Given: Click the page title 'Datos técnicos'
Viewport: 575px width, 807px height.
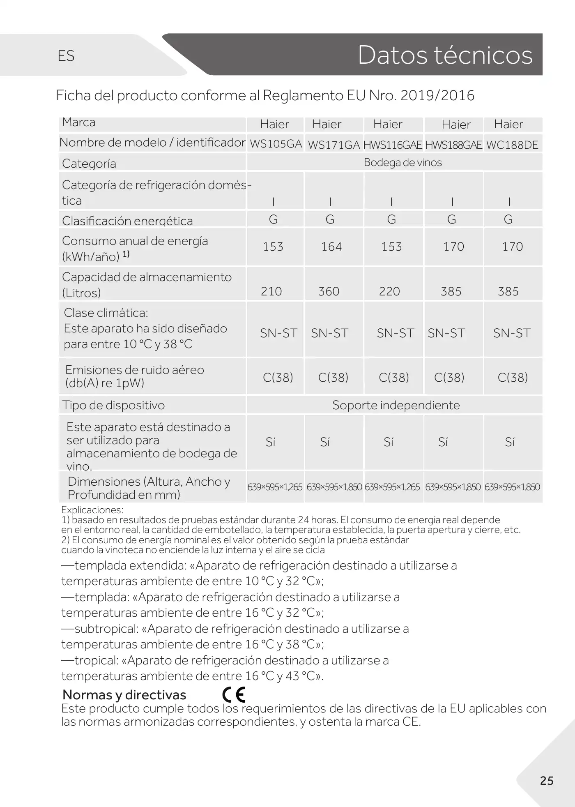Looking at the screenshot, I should point(445,55).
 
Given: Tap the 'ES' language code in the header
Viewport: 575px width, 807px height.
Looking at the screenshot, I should point(66,56).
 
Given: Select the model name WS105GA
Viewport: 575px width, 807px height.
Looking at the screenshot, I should point(276,144).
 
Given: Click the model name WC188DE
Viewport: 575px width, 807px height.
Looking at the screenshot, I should point(512,145).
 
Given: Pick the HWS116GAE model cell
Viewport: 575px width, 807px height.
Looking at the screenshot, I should point(393,145).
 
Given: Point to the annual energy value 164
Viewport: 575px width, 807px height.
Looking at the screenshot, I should point(331,247).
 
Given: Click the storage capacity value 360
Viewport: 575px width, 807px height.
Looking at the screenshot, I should point(329,291).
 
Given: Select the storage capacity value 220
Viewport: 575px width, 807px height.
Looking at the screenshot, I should point(389,291).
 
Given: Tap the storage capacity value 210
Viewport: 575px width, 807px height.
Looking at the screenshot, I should point(271,291).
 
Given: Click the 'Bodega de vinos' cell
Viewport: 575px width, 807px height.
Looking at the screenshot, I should point(402,162).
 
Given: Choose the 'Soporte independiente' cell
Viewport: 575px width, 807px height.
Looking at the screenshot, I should point(396,405).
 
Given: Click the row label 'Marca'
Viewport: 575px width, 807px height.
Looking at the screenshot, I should point(78,122).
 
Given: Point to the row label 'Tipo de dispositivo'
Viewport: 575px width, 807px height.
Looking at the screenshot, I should point(113,405).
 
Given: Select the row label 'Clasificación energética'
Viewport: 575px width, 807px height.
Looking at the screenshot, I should point(127,221).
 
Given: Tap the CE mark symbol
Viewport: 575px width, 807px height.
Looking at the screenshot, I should point(234,694).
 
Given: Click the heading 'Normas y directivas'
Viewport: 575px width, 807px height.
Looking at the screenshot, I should point(124,695).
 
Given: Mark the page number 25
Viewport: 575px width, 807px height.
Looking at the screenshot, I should point(547,781).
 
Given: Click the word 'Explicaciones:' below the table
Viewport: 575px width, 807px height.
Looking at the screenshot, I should point(92,510).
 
